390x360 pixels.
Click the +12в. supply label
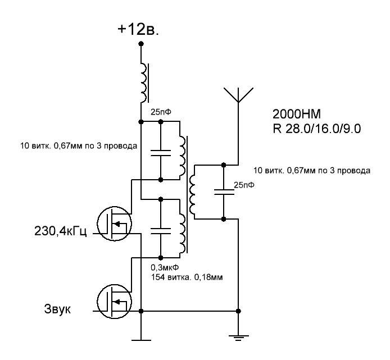[x=138, y=30]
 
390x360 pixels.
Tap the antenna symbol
[x=238, y=95]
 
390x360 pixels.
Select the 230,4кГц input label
[x=61, y=231]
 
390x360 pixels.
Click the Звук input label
[x=57, y=309]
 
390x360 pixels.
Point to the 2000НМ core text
[x=297, y=114]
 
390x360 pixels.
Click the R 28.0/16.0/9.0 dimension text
[x=316, y=129]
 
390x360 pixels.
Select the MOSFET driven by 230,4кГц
[x=114, y=224]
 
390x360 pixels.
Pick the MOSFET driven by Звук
[x=114, y=302]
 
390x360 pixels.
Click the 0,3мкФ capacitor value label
[x=165, y=267]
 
